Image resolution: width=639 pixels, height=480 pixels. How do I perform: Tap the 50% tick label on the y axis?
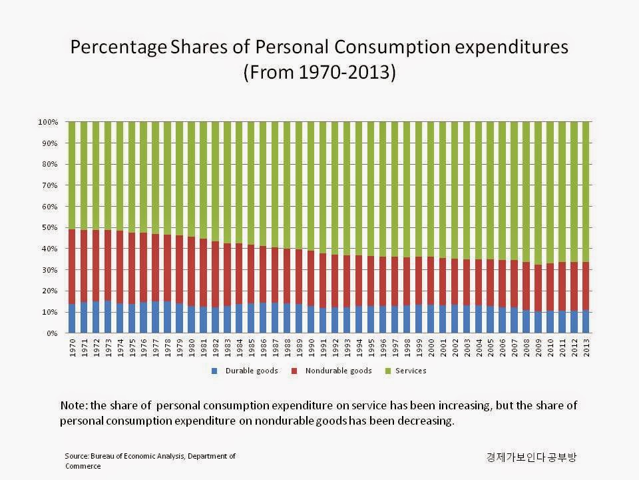tap(51, 228)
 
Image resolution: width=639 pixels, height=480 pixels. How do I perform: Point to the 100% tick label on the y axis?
tap(49, 123)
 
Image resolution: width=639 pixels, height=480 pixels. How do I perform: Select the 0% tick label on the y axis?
tap(53, 333)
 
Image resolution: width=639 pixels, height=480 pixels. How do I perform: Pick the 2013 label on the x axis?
tap(586, 348)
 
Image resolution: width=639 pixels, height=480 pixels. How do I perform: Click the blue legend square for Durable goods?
tap(214, 371)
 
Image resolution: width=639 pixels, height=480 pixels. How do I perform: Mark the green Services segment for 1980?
tap(192, 180)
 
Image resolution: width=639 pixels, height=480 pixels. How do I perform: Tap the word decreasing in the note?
tap(421, 421)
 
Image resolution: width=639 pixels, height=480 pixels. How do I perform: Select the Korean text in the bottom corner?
tap(531, 457)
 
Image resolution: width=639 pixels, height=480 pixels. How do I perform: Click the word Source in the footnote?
tap(77, 455)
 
